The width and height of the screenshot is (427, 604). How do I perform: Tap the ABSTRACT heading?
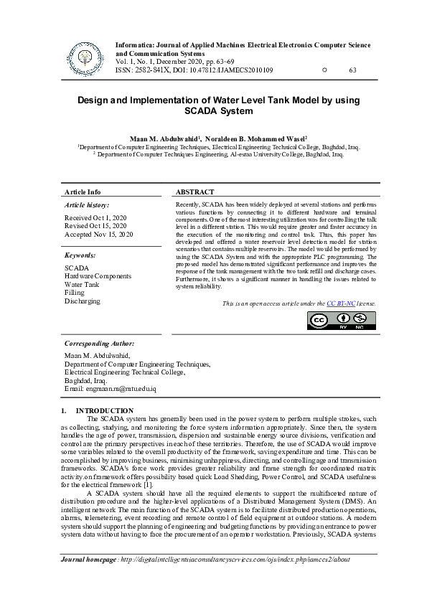click(x=194, y=192)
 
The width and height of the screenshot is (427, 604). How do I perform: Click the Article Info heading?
click(x=83, y=192)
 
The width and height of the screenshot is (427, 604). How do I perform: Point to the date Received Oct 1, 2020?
click(x=95, y=217)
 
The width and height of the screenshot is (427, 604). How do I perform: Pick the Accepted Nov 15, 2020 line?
click(x=98, y=235)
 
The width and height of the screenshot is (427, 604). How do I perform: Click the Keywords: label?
click(x=80, y=255)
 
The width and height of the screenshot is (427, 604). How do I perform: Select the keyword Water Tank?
click(x=82, y=284)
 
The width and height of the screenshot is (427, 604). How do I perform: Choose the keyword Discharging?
click(x=83, y=301)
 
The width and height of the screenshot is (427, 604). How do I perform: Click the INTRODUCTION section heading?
click(x=110, y=410)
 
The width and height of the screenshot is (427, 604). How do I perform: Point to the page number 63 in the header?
click(x=352, y=70)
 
